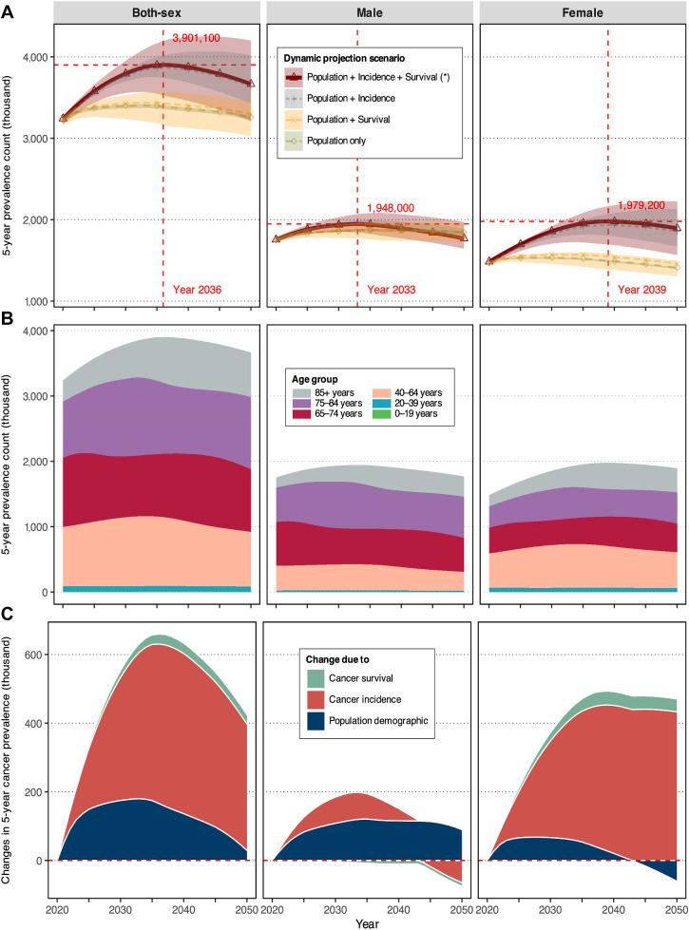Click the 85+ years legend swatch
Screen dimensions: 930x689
tap(303, 392)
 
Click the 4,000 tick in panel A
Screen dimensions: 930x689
tap(35, 57)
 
